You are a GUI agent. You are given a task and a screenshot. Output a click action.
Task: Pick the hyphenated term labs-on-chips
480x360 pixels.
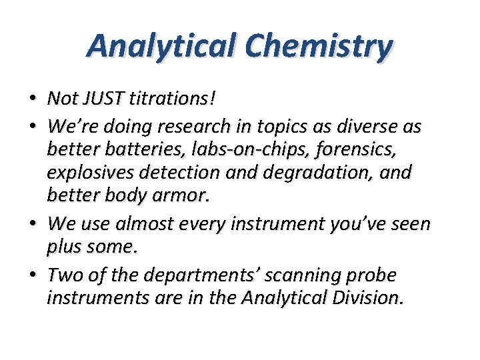click(x=242, y=149)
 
